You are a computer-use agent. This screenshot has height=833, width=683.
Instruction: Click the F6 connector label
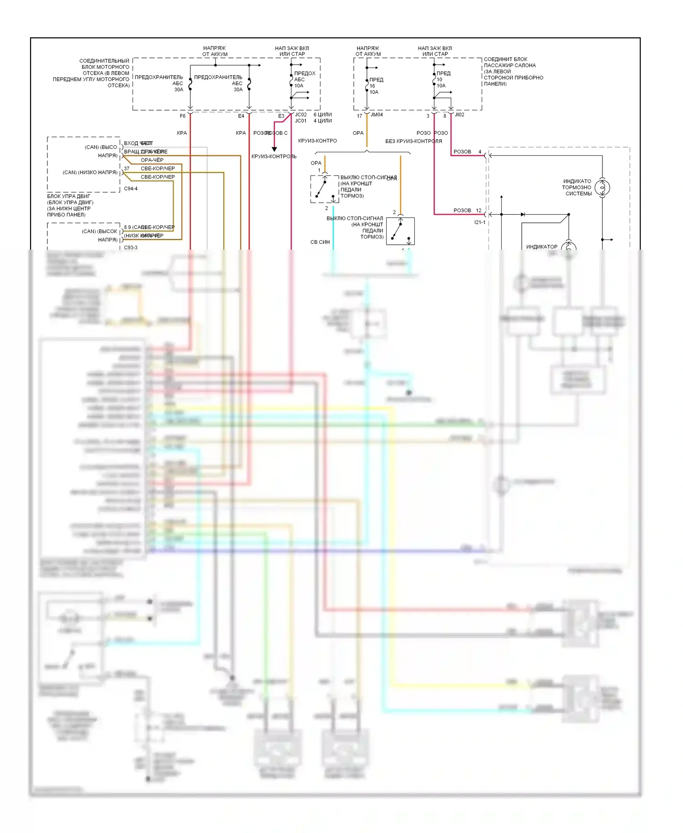183,116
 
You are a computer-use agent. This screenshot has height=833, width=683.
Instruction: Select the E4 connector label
241,116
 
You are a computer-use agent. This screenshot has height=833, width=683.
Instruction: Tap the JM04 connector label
377,115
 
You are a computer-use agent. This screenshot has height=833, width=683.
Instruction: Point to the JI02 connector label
459,115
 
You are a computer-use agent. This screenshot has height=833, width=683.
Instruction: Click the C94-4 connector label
131,189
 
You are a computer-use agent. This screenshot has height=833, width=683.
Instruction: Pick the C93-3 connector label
131,247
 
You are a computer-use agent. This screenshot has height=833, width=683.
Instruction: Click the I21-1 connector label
480,222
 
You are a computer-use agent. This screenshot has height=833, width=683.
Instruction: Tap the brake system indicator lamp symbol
602,187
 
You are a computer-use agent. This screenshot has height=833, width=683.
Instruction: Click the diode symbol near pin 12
523,214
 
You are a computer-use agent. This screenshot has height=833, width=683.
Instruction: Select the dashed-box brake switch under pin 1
325,189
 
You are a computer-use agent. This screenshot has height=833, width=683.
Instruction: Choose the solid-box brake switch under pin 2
400,231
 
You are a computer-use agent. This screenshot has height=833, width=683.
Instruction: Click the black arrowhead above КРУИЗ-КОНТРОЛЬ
274,149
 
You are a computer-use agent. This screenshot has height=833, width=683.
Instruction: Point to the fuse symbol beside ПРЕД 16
367,85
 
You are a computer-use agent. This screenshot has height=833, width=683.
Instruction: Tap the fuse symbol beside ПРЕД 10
434,80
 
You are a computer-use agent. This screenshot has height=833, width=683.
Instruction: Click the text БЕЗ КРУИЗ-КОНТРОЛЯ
413,141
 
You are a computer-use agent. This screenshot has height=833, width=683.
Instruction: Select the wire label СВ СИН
320,242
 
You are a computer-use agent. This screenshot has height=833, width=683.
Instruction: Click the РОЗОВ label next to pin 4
462,152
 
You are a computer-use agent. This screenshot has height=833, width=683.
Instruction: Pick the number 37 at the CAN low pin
127,169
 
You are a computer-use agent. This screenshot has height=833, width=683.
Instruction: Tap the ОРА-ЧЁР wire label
152,160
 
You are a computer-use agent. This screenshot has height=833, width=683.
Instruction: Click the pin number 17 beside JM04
359,116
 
